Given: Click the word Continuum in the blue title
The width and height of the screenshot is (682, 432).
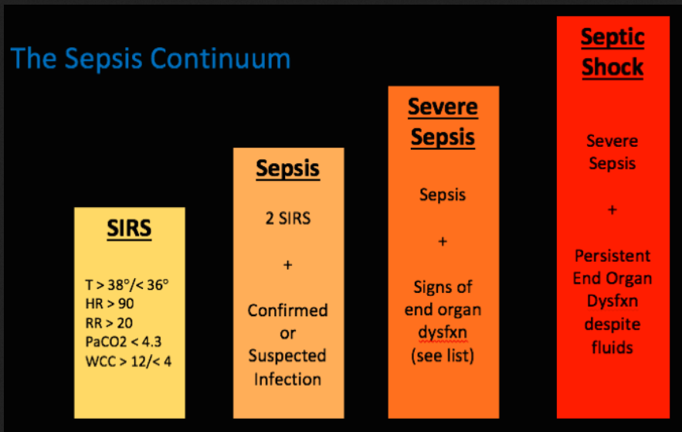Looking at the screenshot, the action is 221,58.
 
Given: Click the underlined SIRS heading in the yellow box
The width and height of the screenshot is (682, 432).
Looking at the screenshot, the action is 129,228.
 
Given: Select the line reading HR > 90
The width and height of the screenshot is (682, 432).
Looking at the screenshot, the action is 110,304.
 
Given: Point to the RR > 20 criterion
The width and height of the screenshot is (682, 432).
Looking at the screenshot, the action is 109,323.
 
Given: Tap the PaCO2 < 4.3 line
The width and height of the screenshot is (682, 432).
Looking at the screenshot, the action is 124,342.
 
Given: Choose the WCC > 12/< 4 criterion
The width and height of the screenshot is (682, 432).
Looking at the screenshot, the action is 128,362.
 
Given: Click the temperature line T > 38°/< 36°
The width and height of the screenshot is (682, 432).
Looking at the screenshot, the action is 127,285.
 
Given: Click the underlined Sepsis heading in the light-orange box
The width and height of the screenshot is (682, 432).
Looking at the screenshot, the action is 287,169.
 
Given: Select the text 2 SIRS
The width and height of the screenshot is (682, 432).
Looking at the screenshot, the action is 288,219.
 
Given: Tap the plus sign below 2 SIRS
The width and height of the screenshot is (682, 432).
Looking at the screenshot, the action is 287,264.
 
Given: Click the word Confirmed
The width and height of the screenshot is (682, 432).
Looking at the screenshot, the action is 287,311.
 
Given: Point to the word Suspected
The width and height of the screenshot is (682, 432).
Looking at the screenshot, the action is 287,355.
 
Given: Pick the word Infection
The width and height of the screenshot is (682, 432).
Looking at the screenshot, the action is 287,379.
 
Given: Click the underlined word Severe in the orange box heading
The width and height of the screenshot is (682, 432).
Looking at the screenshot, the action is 443,107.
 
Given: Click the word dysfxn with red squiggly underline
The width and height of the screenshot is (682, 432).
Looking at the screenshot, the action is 443,333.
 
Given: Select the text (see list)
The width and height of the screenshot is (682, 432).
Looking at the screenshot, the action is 443,355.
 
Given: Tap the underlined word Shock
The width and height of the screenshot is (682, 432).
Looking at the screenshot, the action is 612,67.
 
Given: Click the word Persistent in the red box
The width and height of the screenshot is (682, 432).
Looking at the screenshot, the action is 612,256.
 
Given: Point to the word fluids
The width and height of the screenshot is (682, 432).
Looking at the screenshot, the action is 612,347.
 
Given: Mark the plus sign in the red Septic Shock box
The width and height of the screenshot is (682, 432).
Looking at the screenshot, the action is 612,209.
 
